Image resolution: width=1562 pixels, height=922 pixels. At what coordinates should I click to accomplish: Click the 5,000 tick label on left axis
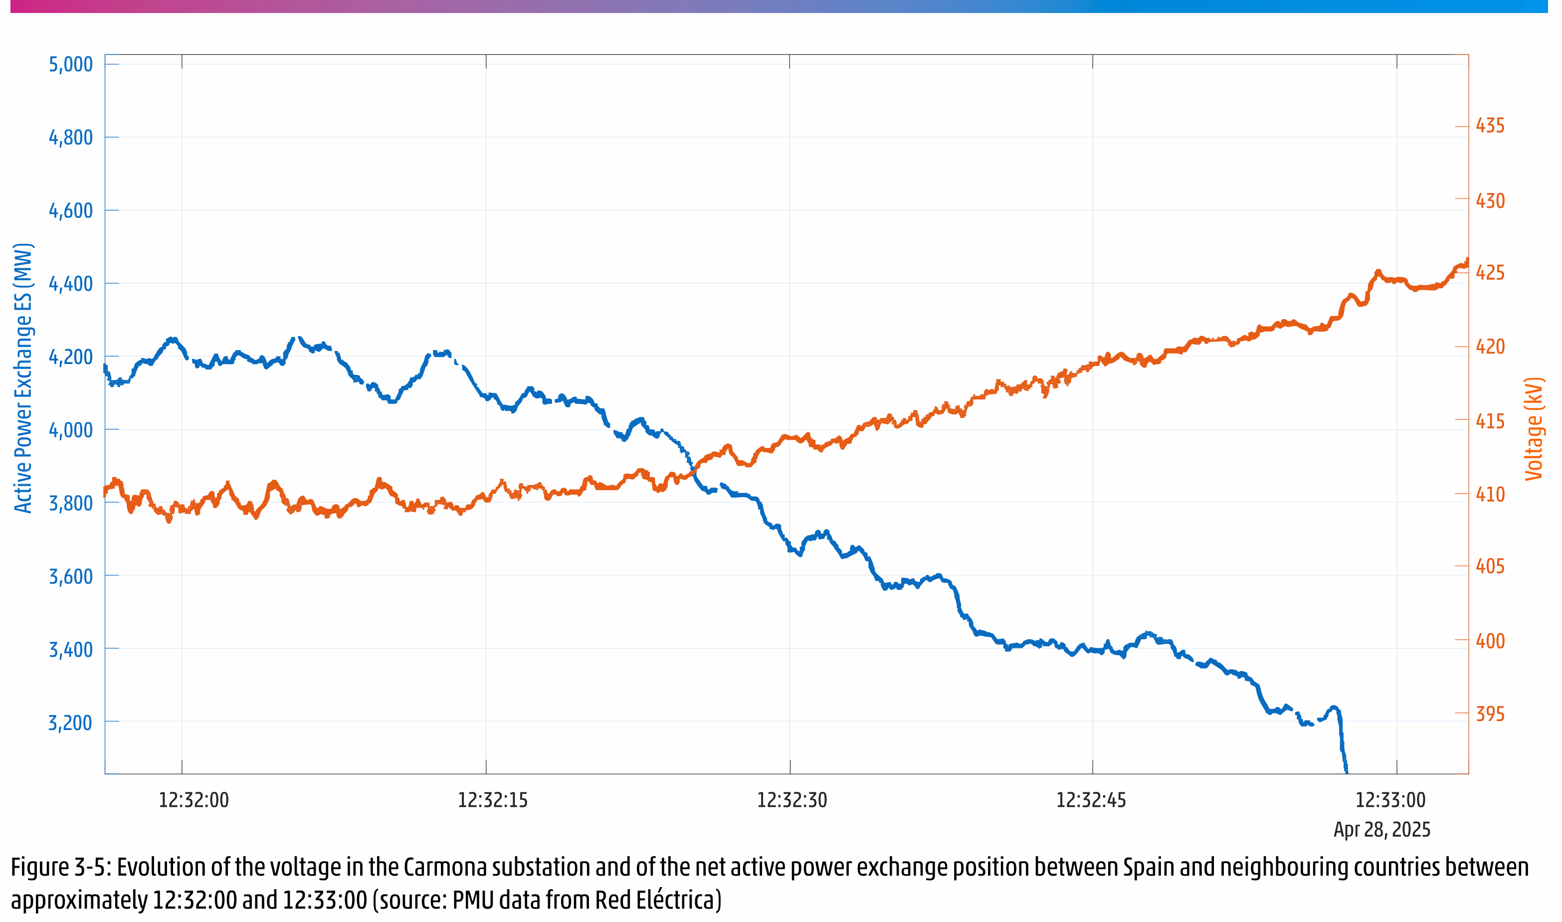click(70, 65)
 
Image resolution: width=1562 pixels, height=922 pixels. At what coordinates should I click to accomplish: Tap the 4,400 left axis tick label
click(70, 284)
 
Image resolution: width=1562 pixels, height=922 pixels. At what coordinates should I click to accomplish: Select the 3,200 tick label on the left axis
click(70, 723)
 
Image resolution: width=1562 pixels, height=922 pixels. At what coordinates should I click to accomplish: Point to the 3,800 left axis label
click(70, 503)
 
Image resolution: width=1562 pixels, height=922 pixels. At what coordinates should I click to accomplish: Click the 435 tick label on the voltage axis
click(1490, 126)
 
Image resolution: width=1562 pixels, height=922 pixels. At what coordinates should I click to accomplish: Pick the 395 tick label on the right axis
click(1490, 715)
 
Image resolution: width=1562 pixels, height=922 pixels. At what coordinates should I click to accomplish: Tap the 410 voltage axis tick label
click(1490, 495)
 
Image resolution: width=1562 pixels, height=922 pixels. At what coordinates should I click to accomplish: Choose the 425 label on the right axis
click(1490, 273)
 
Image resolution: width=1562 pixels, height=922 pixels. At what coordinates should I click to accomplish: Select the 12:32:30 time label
click(791, 800)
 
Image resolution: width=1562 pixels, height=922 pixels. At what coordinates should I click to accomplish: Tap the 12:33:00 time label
click(1390, 800)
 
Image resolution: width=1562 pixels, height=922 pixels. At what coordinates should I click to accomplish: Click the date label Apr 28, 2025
click(1382, 830)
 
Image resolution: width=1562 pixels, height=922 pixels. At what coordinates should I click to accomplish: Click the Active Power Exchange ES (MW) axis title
click(23, 378)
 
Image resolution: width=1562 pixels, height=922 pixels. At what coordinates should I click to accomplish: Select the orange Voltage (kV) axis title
click(1534, 429)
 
